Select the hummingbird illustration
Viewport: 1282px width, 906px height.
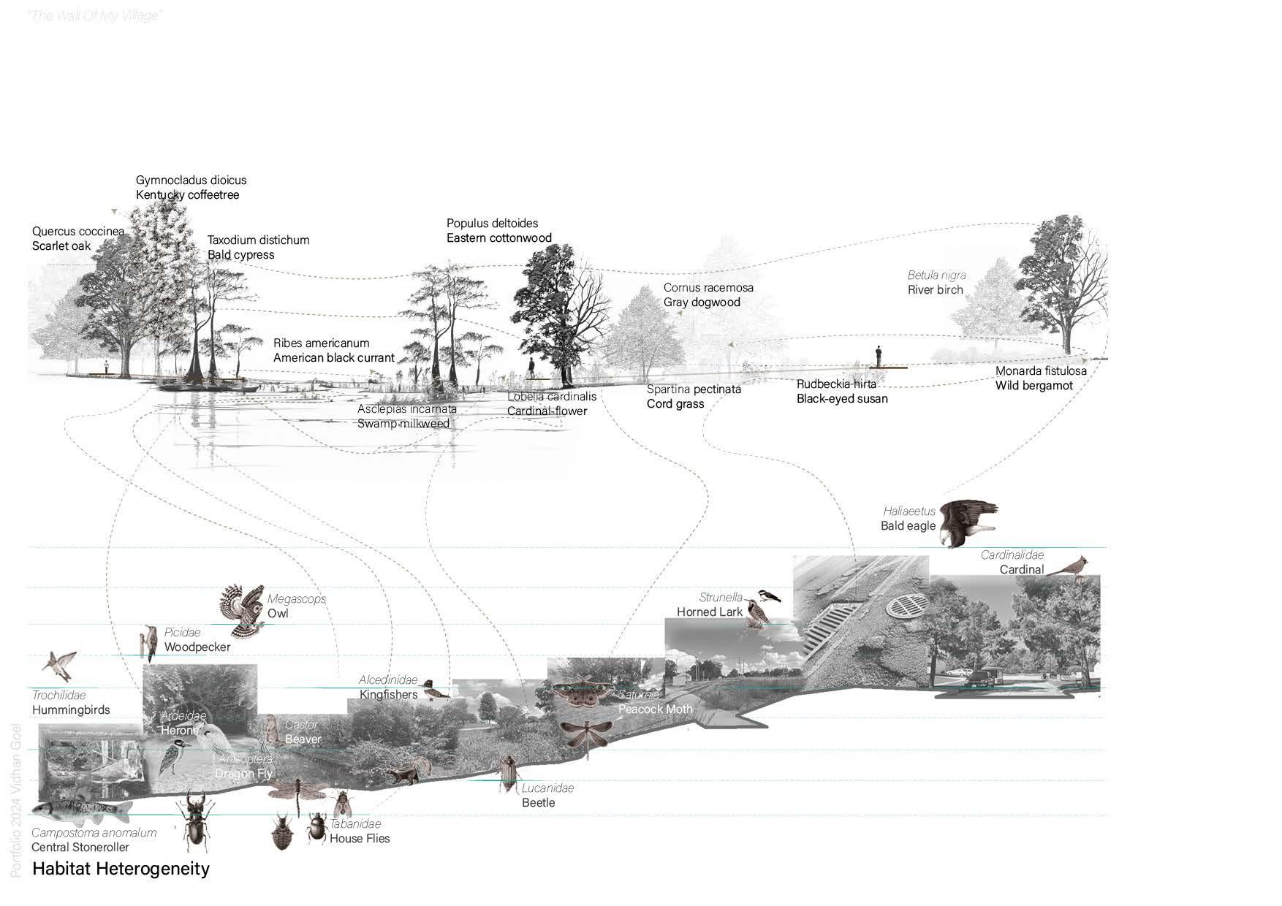click(x=59, y=664)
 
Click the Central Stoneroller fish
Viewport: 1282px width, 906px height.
click(x=80, y=809)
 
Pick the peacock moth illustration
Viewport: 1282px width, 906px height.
click(x=583, y=695)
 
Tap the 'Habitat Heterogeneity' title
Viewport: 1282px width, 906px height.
click(x=121, y=869)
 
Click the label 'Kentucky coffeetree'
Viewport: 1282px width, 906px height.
click(x=187, y=195)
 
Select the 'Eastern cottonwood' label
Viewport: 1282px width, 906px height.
click(x=498, y=238)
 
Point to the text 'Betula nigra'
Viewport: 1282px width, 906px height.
click(x=936, y=275)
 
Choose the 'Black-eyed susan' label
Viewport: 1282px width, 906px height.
click(x=842, y=399)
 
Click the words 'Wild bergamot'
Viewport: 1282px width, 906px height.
click(x=1033, y=386)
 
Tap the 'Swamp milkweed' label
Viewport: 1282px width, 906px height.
click(x=403, y=424)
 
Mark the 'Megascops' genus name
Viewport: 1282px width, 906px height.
click(x=296, y=599)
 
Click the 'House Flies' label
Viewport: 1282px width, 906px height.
click(x=359, y=839)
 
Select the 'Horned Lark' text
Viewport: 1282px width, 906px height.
click(x=709, y=612)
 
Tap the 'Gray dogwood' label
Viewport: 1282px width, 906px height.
click(x=702, y=302)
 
